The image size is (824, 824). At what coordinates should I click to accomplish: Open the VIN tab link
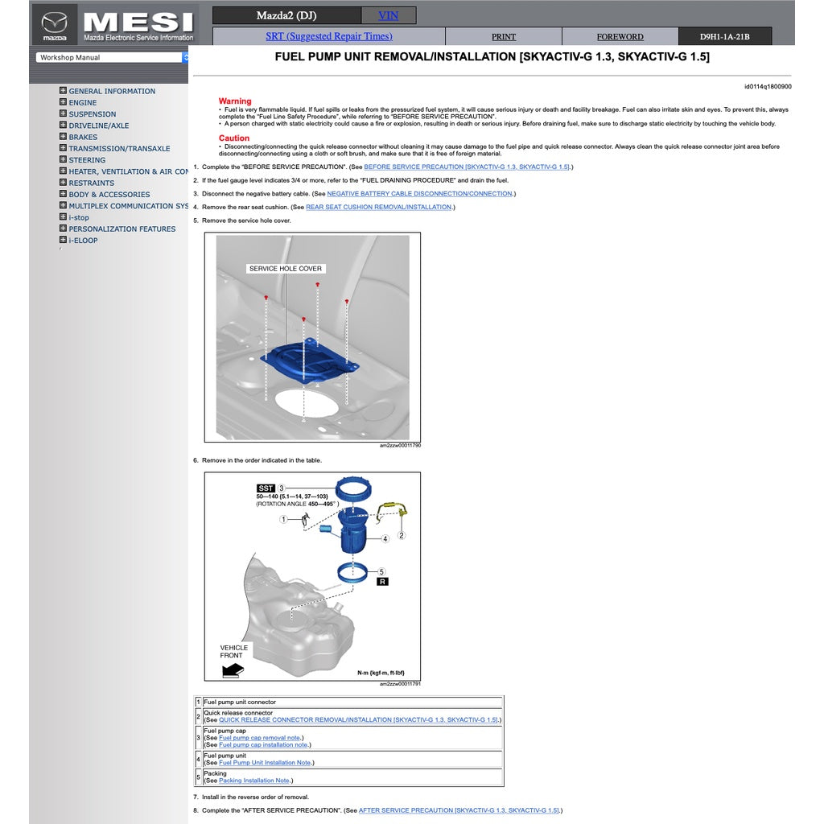click(388, 15)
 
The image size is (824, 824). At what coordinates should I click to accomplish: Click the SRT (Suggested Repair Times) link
click(328, 36)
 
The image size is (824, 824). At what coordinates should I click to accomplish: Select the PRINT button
click(504, 37)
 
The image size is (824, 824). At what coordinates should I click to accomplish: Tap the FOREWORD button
click(620, 37)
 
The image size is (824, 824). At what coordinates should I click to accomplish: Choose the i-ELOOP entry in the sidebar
click(83, 241)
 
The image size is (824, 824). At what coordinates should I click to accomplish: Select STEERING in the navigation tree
click(87, 160)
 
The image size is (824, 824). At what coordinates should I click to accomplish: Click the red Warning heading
click(235, 101)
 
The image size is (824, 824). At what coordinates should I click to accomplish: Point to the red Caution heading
click(234, 138)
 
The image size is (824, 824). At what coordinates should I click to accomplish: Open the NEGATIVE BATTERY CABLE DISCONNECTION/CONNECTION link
click(419, 194)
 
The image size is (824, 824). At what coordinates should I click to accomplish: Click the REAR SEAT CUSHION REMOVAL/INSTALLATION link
click(379, 208)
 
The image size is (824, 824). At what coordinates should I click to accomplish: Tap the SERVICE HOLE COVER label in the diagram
click(285, 269)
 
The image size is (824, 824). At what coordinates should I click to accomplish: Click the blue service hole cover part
click(310, 360)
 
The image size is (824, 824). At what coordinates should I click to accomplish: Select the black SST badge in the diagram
click(266, 488)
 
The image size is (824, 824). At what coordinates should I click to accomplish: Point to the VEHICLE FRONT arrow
click(233, 669)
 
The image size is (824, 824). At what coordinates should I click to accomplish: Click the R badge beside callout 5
click(382, 581)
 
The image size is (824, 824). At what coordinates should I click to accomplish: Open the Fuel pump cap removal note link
click(260, 738)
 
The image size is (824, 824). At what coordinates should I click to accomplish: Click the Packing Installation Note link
click(253, 781)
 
